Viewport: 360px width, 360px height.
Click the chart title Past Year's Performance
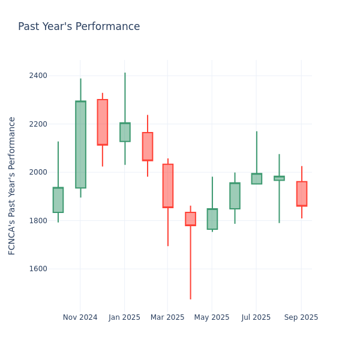79,27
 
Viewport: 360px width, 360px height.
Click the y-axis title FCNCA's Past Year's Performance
12,185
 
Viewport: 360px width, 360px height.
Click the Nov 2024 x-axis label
80,317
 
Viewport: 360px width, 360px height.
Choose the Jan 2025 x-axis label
124,317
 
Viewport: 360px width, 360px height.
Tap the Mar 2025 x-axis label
167,317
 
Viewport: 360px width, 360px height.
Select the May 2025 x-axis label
212,317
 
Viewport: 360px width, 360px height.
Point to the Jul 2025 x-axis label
256,317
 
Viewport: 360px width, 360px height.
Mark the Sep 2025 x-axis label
301,317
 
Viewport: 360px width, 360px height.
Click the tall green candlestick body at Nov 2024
80,145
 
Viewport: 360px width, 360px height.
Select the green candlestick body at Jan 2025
125,132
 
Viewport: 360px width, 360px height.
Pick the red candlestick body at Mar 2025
168,186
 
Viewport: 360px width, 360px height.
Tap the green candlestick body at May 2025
212,219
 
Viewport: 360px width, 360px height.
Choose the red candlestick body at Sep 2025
302,194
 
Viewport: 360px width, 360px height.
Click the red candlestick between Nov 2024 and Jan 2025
103,122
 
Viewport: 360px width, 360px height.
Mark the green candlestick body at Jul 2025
257,179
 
